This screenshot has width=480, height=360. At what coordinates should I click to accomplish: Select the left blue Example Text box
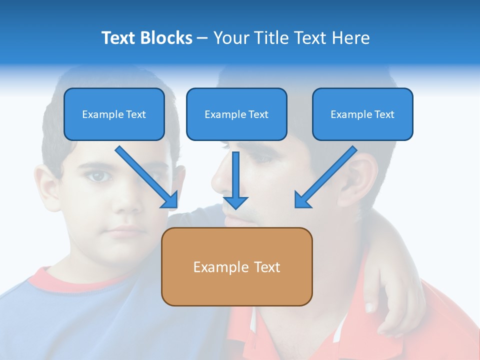114,114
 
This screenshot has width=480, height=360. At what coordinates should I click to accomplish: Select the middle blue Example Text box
236,114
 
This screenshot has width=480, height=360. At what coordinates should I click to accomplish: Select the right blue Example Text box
362,114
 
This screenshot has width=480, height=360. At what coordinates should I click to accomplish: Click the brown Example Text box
236,266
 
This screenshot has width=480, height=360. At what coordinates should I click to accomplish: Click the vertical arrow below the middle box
235,177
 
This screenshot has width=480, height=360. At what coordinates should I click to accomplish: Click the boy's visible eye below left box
99,176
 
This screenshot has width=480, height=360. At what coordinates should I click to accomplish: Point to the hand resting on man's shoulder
390,295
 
